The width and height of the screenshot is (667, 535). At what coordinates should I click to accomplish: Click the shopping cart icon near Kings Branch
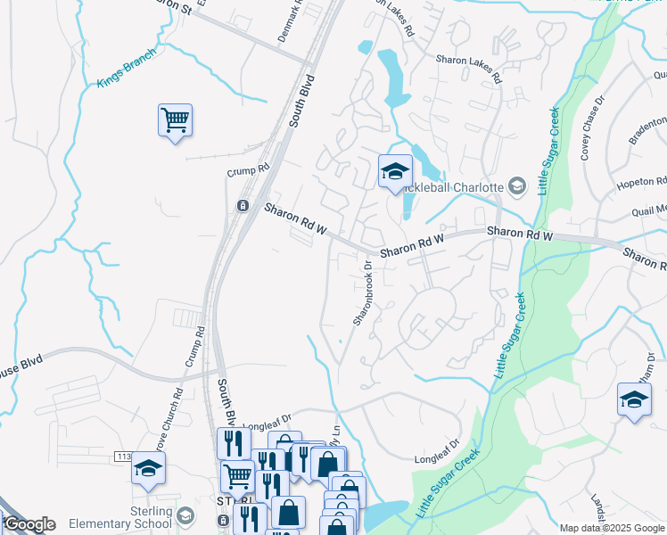pos(176,119)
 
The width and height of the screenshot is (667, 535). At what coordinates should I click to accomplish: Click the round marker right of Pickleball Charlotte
pos(516,185)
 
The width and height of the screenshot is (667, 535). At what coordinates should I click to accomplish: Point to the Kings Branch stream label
pos(126,69)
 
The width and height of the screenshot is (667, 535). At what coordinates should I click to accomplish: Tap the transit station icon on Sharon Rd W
pos(242,206)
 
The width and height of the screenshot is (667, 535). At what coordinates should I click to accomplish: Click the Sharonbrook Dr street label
pos(362,292)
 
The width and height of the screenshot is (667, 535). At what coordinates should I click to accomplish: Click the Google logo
pos(29,524)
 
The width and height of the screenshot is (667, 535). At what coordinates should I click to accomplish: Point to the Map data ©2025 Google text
pos(612,528)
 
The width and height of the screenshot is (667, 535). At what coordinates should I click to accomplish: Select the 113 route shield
pos(124,457)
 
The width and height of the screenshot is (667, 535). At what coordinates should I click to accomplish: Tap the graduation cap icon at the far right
pos(634,399)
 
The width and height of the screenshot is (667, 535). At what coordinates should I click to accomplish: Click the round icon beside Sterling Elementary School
pos(185,515)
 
